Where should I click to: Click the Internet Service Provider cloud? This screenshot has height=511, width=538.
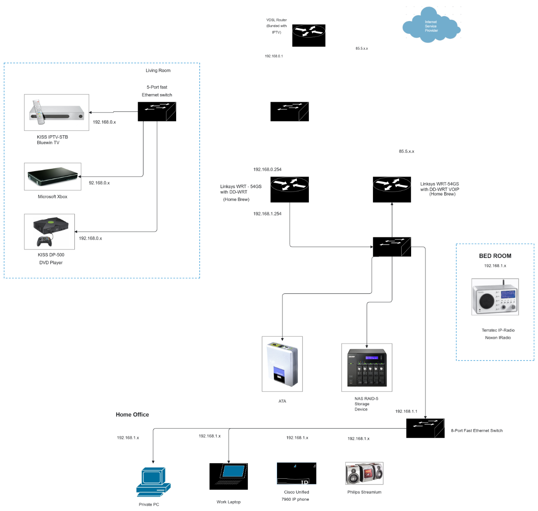click(x=431, y=26)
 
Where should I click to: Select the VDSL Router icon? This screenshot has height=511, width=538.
click(x=308, y=35)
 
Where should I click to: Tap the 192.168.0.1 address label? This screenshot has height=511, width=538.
click(x=273, y=56)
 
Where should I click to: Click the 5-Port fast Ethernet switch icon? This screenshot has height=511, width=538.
click(x=156, y=112)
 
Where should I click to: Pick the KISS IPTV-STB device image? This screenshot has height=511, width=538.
click(x=56, y=112)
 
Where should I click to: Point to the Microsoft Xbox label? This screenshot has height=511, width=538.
click(x=52, y=197)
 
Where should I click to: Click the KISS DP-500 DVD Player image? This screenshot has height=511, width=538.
click(x=49, y=232)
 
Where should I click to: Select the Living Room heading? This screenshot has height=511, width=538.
click(x=158, y=70)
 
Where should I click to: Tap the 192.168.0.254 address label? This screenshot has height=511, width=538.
click(x=267, y=169)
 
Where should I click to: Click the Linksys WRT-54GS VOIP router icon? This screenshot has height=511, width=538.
click(x=392, y=189)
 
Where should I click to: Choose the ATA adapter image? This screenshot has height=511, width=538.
click(x=282, y=364)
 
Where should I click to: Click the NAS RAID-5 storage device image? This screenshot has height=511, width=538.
click(x=367, y=368)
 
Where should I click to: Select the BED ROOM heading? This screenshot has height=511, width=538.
click(x=495, y=256)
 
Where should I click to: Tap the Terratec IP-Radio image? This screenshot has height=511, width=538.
click(x=495, y=297)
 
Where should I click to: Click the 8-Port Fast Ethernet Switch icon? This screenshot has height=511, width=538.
click(x=425, y=428)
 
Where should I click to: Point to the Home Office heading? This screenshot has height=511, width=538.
click(x=132, y=415)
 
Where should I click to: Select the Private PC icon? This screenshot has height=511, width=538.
click(x=153, y=481)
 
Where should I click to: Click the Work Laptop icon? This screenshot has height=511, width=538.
click(x=229, y=477)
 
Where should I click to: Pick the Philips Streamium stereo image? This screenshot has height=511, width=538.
click(x=364, y=473)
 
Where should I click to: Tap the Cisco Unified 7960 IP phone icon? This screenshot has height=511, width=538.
click(x=296, y=473)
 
